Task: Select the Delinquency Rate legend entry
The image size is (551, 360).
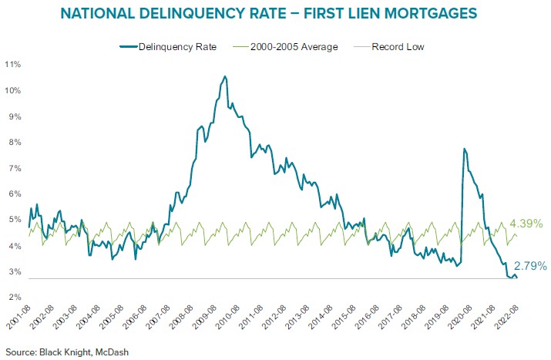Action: click(x=170, y=47)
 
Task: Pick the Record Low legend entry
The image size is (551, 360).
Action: click(x=397, y=47)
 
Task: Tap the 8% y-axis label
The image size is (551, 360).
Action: click(x=13, y=142)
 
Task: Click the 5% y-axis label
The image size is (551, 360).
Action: click(x=13, y=220)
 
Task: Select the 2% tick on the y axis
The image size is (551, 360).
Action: click(x=13, y=298)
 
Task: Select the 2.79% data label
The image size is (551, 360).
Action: click(x=529, y=266)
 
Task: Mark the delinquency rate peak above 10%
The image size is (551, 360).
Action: click(x=224, y=76)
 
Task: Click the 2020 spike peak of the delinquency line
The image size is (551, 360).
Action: click(x=464, y=149)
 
